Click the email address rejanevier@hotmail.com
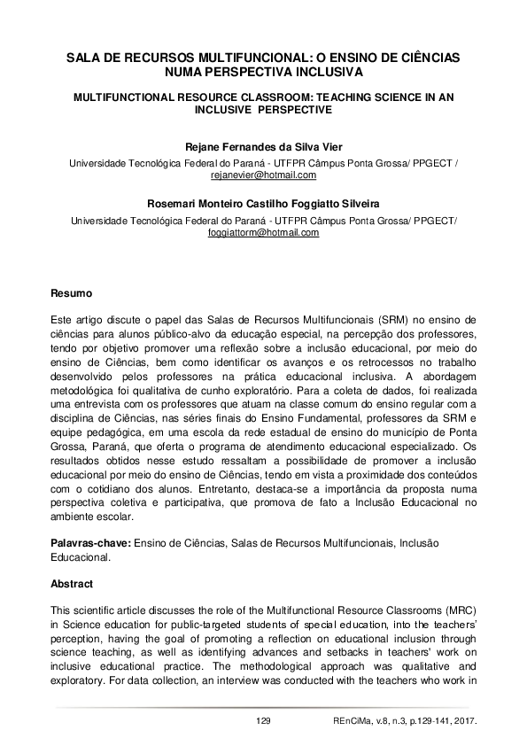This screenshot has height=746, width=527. pyautogui.click(x=263, y=175)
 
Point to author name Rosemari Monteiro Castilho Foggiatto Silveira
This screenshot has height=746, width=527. pyautogui.click(x=263, y=206)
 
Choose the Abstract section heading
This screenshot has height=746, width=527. pyautogui.click(x=70, y=585)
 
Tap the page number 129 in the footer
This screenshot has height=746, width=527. pyautogui.click(x=262, y=721)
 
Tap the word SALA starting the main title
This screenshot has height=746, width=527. pyautogui.click(x=87, y=57)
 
